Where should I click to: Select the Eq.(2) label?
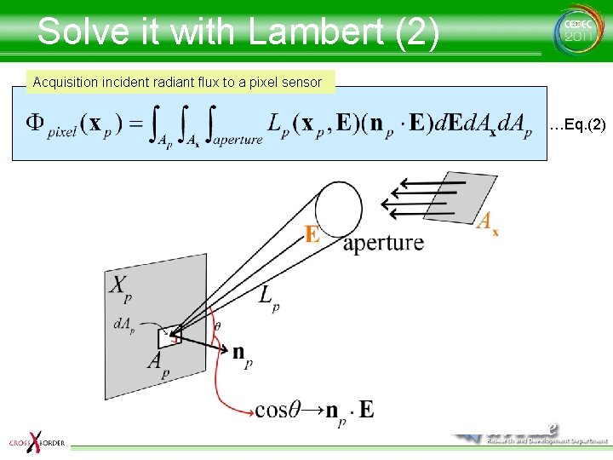click(577, 126)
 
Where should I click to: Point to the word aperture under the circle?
click(383, 243)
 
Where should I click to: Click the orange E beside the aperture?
click(312, 232)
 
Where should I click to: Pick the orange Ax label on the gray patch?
click(487, 223)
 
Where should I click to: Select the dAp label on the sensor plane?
click(123, 326)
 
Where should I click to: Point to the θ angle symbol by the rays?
click(217, 326)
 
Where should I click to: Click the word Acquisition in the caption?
click(65, 83)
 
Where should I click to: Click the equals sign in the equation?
click(134, 124)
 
